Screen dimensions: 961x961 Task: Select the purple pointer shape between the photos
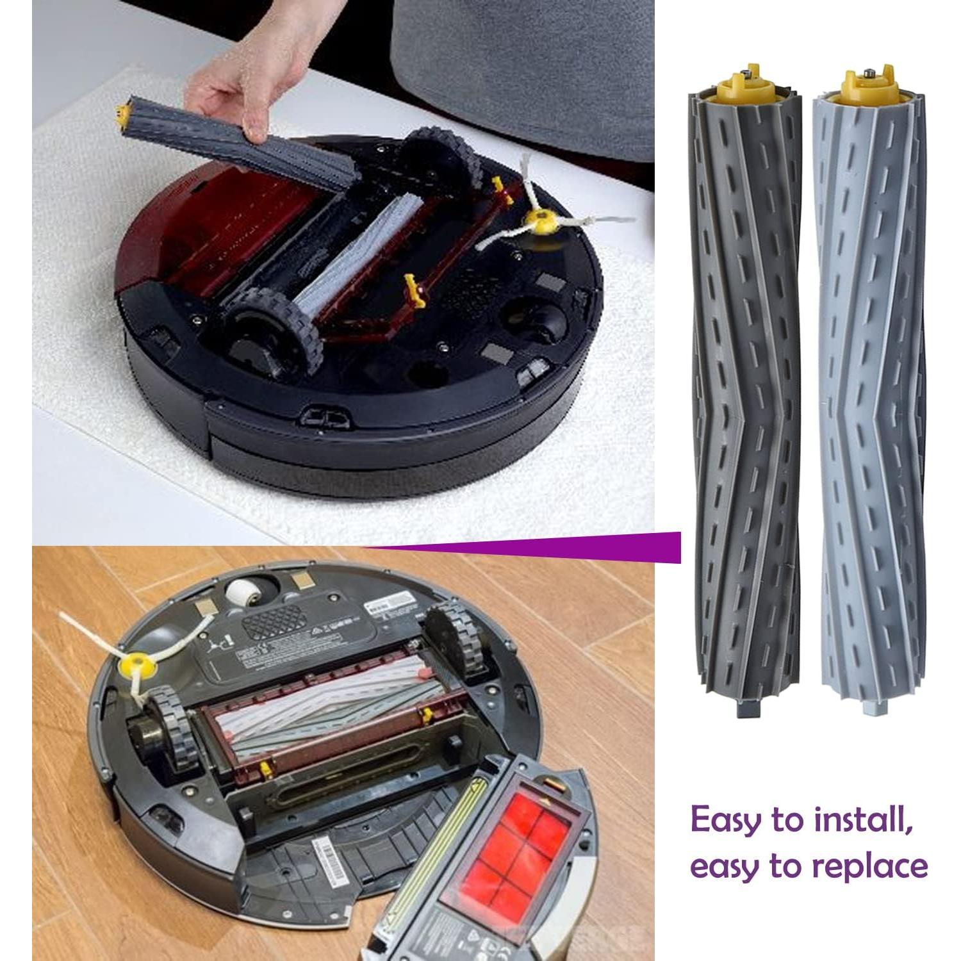point(577,546)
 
